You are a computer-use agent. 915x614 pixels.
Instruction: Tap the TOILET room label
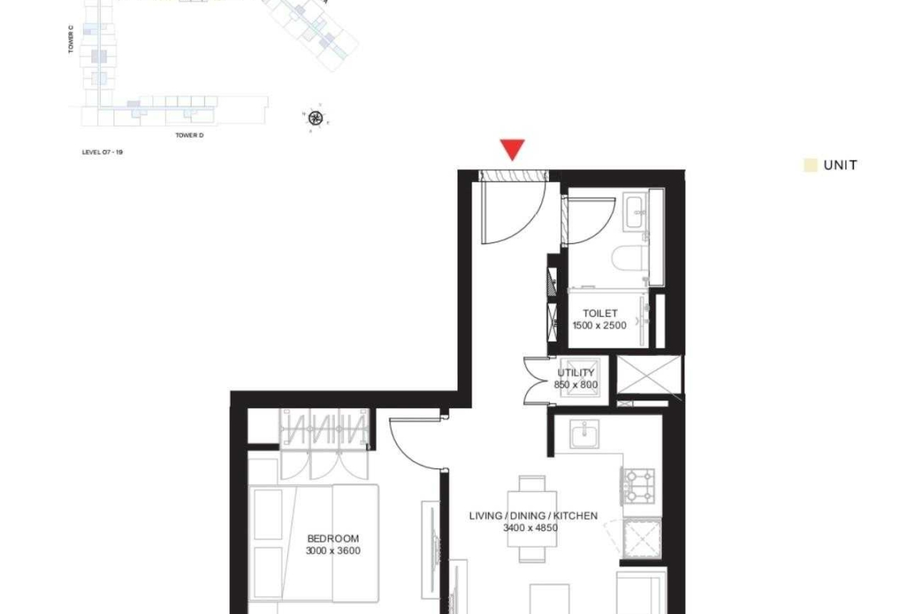click(600, 314)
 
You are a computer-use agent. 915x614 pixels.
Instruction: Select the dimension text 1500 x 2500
click(599, 325)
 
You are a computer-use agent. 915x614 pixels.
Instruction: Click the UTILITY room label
click(576, 372)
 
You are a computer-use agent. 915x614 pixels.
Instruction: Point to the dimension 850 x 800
click(576, 385)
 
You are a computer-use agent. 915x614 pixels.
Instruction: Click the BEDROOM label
click(333, 539)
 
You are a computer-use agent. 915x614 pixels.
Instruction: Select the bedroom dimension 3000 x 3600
click(333, 551)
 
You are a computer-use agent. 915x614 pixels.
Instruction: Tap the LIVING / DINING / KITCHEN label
click(533, 516)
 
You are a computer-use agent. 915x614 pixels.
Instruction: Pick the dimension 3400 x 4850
click(530, 528)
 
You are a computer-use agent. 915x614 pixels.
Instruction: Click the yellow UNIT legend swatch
click(810, 165)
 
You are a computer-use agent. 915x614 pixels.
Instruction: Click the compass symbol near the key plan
click(316, 118)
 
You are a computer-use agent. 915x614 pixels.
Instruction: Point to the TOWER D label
click(190, 135)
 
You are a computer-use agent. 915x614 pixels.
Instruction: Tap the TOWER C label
click(71, 39)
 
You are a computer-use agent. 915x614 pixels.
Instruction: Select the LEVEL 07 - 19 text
click(102, 153)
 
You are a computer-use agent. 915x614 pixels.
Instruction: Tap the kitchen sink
click(584, 434)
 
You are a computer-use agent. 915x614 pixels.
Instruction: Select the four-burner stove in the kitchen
click(638, 487)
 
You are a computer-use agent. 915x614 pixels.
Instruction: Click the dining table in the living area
click(532, 519)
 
